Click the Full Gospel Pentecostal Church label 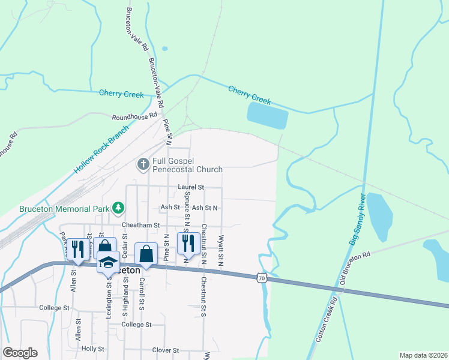(x=188, y=164)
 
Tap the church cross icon (x=143, y=164)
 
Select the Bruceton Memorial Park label (x=55, y=209)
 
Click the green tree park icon (x=119, y=208)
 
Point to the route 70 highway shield (x=260, y=278)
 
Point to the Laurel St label (x=191, y=187)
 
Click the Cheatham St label (x=140, y=226)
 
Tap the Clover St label (x=166, y=350)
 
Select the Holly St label (x=93, y=349)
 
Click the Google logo (x=20, y=353)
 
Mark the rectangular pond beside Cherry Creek (x=267, y=115)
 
